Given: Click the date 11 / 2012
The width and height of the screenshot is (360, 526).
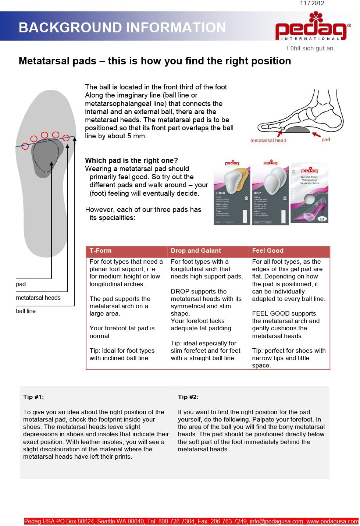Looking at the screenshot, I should point(312,3).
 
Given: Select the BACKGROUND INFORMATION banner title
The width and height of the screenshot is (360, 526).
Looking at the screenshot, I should point(122,28).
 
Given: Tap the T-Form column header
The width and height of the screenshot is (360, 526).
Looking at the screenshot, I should point(100,251).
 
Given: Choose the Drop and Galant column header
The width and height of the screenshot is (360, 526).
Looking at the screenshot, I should point(196,251).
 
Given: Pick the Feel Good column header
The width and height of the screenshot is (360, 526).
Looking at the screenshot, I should point(268,251).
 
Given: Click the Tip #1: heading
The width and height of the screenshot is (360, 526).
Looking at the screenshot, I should point(33,397).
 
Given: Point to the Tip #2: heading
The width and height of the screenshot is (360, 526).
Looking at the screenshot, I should point(188,397).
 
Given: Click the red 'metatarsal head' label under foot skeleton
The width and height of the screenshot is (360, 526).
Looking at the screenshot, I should point(268,140).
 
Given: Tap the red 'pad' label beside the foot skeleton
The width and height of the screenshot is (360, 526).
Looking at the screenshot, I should point(326,139).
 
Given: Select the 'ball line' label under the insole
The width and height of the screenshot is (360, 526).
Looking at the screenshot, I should point(26,311).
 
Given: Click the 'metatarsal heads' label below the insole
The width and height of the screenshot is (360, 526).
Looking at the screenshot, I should point(38,298).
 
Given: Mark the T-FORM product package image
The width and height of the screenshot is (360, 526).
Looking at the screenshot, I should point(232,193).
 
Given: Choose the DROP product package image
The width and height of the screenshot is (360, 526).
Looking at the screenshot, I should point(270,193).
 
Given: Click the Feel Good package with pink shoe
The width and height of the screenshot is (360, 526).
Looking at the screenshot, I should point(310,193).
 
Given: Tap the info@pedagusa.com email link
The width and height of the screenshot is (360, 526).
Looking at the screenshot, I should point(277,521).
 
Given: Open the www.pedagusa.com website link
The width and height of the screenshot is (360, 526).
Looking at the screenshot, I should point(332,521).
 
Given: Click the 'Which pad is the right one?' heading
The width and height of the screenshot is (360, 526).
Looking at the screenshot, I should point(131,160).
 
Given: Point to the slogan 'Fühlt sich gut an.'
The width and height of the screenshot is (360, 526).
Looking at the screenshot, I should point(310,48).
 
